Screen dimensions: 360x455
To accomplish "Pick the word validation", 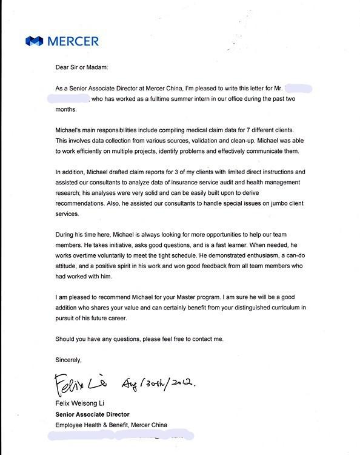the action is click(x=215, y=141).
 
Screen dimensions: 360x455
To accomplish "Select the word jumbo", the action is click(x=284, y=204).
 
